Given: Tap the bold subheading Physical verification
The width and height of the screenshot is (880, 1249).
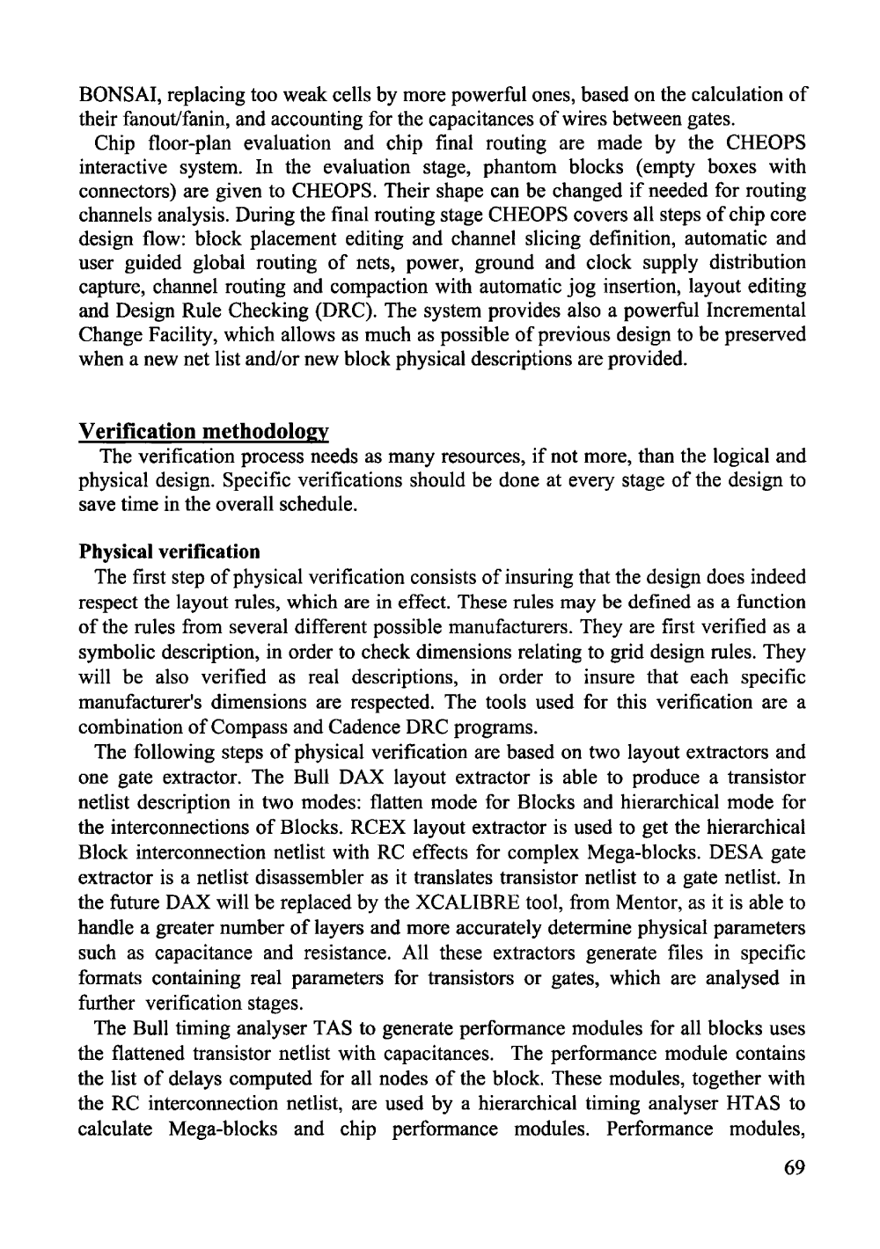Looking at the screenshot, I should [170, 552].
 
